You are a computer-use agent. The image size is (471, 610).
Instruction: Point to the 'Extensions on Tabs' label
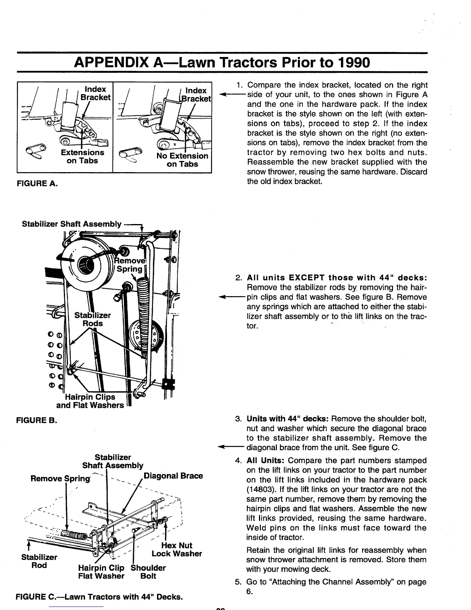(x=82, y=157)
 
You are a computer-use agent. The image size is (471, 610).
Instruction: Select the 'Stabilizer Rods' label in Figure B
(x=92, y=319)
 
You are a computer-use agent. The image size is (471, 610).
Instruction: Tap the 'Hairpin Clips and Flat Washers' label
(x=90, y=401)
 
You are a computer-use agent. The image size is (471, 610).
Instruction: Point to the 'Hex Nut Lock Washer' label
(x=177, y=550)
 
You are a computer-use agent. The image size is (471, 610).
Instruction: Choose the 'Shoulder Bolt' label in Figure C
(x=148, y=572)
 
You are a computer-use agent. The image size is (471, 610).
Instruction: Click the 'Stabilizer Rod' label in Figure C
(x=39, y=561)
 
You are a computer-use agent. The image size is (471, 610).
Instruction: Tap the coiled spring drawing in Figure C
(x=75, y=534)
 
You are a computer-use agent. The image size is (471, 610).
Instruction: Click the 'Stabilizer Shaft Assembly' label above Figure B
(x=72, y=224)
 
